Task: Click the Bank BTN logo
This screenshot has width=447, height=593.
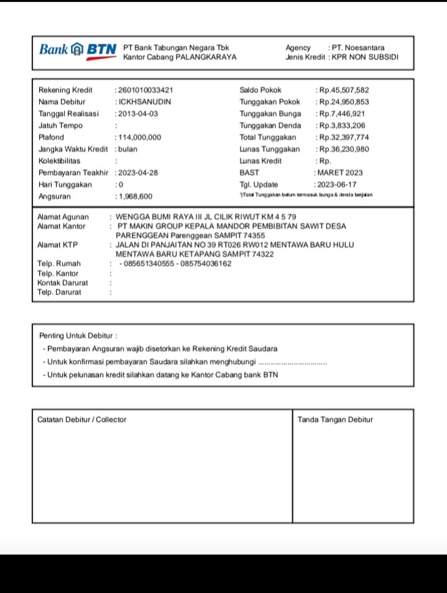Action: (78, 50)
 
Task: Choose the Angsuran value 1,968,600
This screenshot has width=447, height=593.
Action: (136, 196)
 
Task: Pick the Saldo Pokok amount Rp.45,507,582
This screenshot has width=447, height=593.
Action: (344, 90)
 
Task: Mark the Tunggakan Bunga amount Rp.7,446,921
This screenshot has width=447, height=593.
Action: (342, 114)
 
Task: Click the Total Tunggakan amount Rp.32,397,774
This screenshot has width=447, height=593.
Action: (344, 137)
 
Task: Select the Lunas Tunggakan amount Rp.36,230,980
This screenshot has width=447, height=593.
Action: (344, 149)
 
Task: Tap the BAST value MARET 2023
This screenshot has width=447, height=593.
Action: (341, 173)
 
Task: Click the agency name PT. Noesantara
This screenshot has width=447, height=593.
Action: (358, 48)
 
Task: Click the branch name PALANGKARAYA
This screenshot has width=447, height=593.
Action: (206, 57)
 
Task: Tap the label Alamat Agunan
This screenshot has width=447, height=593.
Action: (63, 217)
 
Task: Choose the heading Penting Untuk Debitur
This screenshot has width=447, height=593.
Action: (78, 336)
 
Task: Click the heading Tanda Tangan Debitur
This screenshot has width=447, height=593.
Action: (335, 420)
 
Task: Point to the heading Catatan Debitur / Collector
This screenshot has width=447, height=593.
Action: (81, 420)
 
